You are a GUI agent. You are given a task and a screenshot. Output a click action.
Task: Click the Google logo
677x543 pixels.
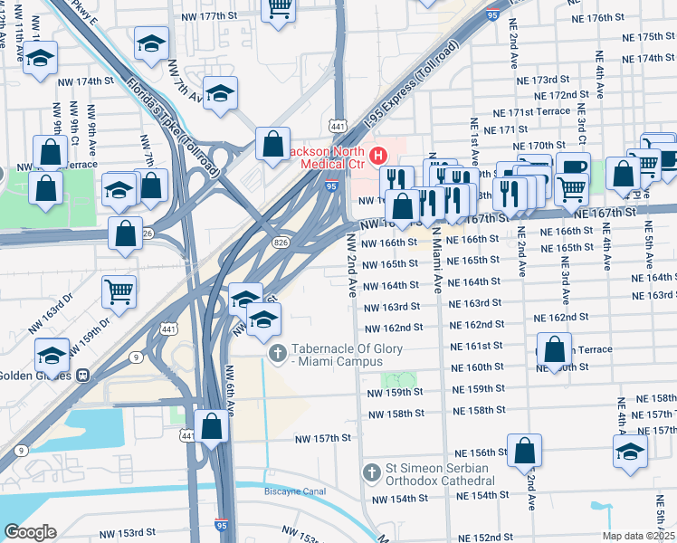[29, 532]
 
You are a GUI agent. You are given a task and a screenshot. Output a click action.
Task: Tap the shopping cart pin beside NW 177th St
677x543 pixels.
[279, 9]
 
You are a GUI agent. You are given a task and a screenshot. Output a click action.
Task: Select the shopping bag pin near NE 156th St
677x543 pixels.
[524, 451]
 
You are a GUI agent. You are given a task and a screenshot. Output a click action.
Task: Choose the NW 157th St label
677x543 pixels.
[322, 439]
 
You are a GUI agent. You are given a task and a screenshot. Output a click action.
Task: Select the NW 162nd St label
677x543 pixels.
[394, 328]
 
